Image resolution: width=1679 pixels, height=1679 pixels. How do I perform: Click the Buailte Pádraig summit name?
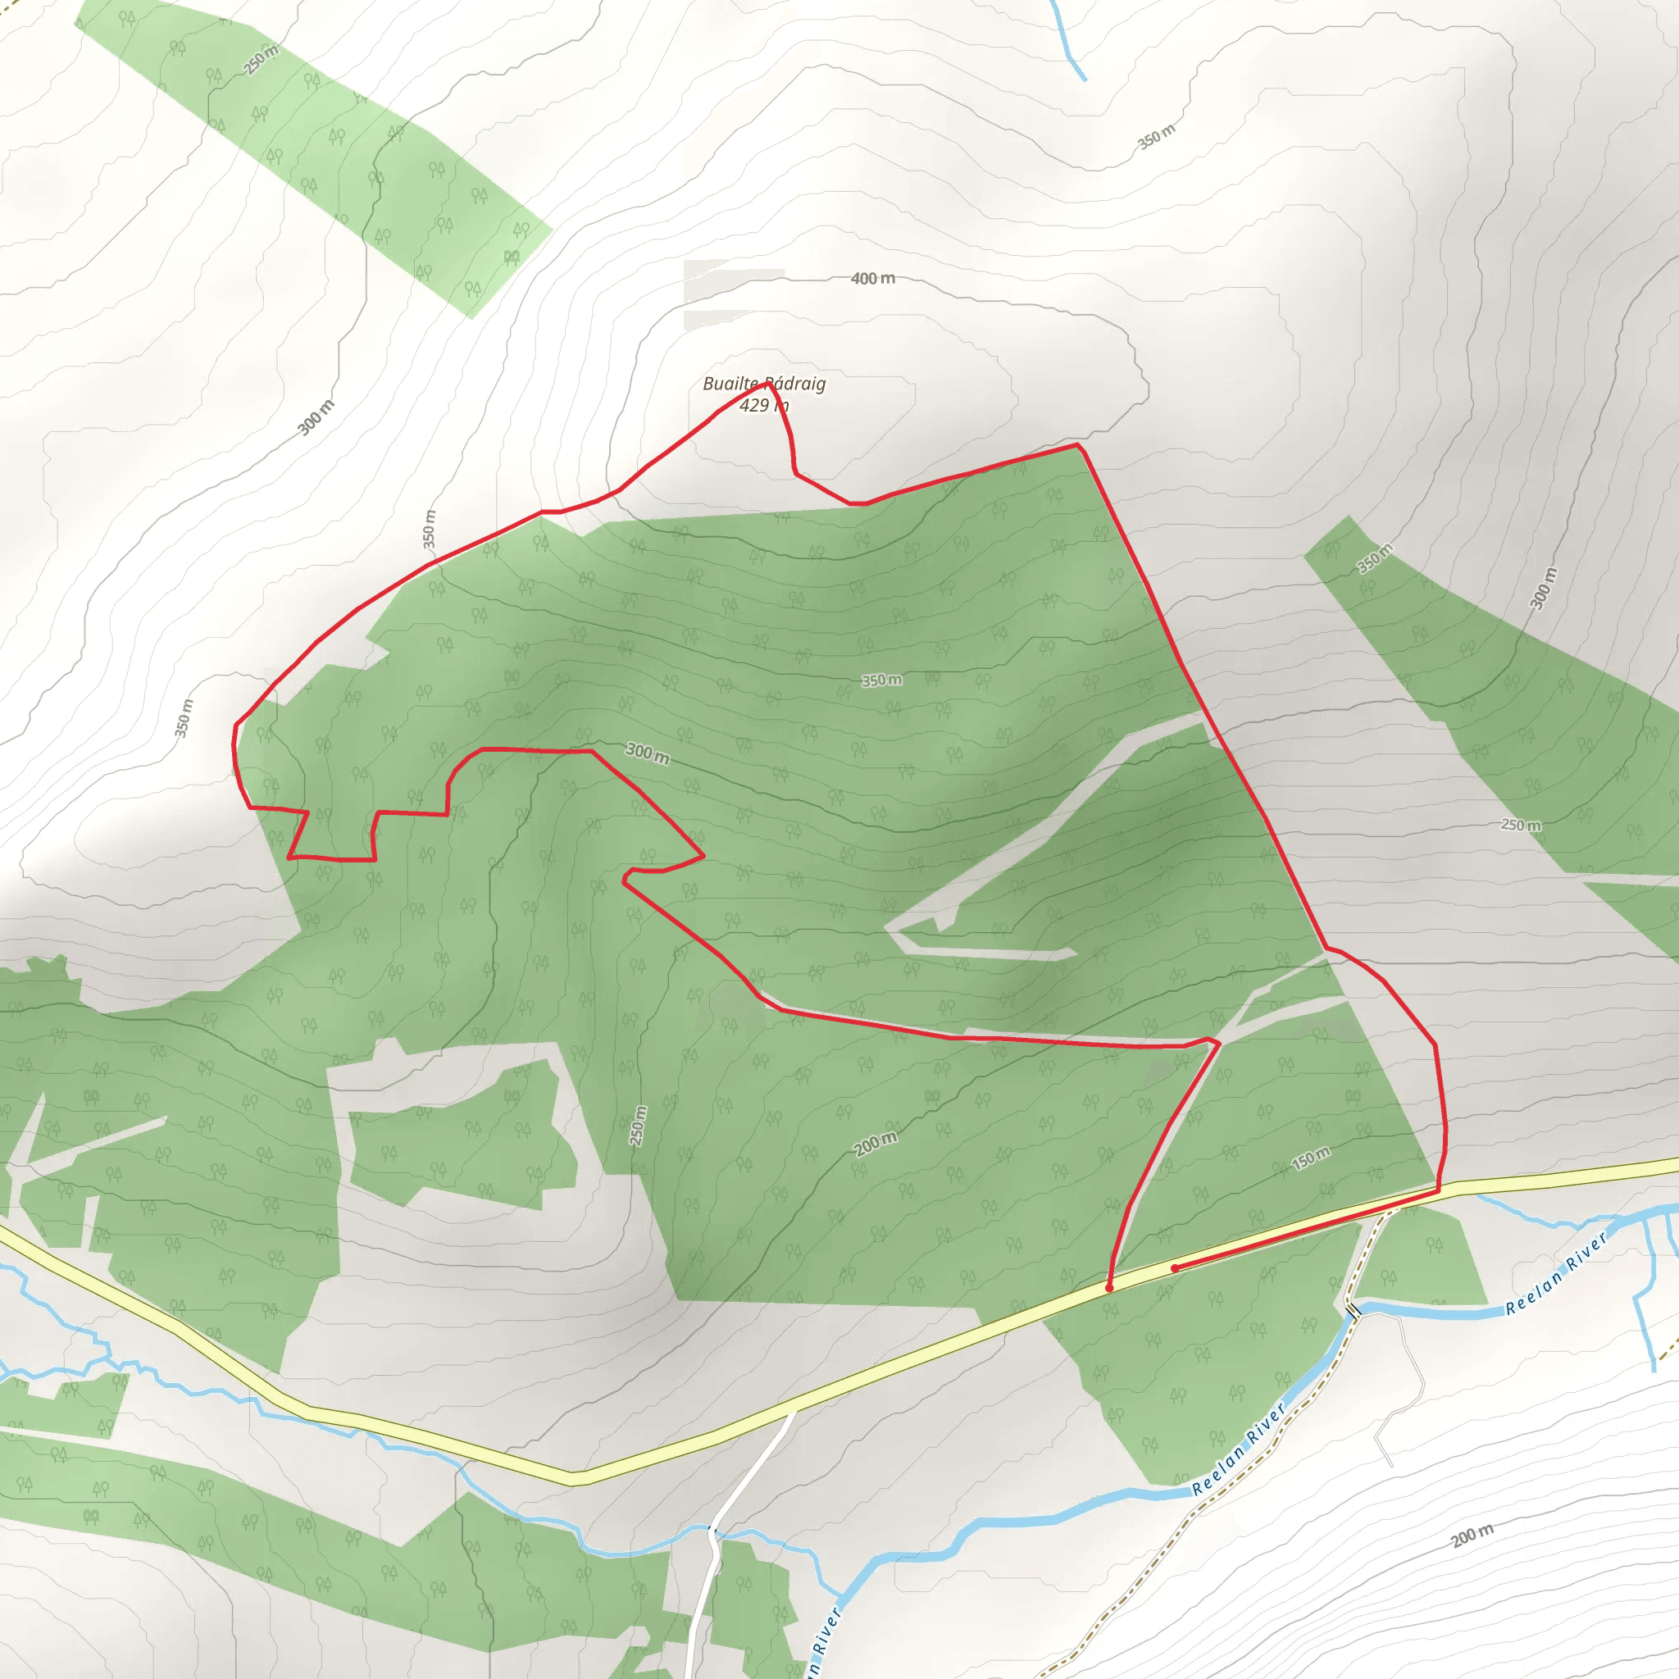[x=764, y=383]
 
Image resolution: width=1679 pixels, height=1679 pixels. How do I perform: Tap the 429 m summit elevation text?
[x=764, y=405]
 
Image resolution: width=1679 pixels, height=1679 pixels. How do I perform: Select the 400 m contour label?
[x=872, y=278]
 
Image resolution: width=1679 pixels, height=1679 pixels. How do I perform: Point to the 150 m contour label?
[x=1311, y=1158]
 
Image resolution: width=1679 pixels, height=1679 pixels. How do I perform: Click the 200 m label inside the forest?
[x=875, y=1144]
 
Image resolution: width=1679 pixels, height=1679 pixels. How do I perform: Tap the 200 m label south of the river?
[x=1472, y=1536]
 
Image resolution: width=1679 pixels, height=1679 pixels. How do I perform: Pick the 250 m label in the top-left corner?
[x=262, y=59]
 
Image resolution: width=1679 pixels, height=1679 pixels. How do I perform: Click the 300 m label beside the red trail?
[x=648, y=753]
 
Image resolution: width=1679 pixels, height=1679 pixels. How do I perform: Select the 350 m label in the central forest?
[x=881, y=680]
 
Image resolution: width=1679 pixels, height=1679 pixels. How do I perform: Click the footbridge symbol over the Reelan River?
[x=1352, y=1308]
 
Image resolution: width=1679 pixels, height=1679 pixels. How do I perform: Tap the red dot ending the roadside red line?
[x=1174, y=1269]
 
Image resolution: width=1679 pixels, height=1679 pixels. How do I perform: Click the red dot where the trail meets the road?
[x=1110, y=1288]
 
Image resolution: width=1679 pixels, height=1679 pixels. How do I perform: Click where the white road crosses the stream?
[x=712, y=1531]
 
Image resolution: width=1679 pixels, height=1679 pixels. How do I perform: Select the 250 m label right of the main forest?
[x=1521, y=825]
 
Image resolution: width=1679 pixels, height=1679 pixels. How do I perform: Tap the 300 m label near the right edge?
[x=1545, y=589]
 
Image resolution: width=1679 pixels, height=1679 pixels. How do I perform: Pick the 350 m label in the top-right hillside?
[x=1157, y=136]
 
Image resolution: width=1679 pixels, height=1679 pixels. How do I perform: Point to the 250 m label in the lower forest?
[x=639, y=1126]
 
